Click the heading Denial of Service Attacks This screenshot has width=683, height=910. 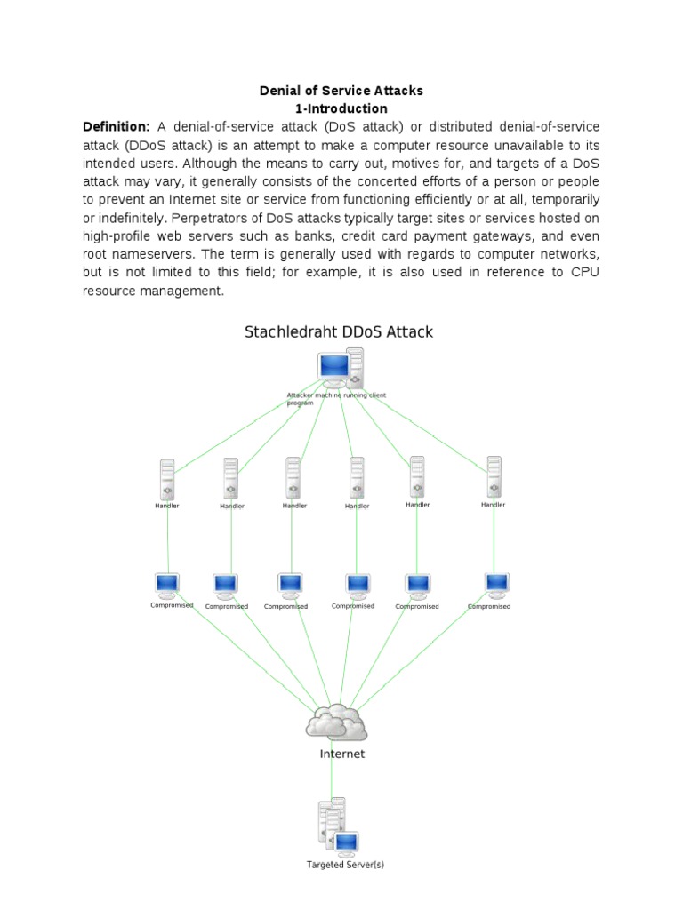pos(341,91)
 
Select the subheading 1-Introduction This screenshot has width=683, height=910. pos(341,109)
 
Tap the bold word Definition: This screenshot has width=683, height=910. pos(117,127)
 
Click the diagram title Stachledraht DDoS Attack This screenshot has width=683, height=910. pos(339,332)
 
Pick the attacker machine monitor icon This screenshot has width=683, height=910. pos(333,368)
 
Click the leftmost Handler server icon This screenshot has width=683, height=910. pos(167,479)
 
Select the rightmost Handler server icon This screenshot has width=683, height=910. pos(494,478)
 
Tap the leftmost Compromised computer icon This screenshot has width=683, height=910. pos(167,585)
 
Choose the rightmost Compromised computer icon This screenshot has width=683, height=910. pos(496,584)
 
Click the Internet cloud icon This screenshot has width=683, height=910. pos(335,723)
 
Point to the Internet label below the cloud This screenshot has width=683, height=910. pos(341,754)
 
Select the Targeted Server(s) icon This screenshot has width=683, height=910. pos(336,826)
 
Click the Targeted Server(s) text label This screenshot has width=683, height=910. pos(345,865)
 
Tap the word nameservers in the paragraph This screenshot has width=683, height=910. pos(155,254)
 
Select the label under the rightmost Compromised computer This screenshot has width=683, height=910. pos(489,607)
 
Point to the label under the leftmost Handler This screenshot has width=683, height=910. pos(167,506)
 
